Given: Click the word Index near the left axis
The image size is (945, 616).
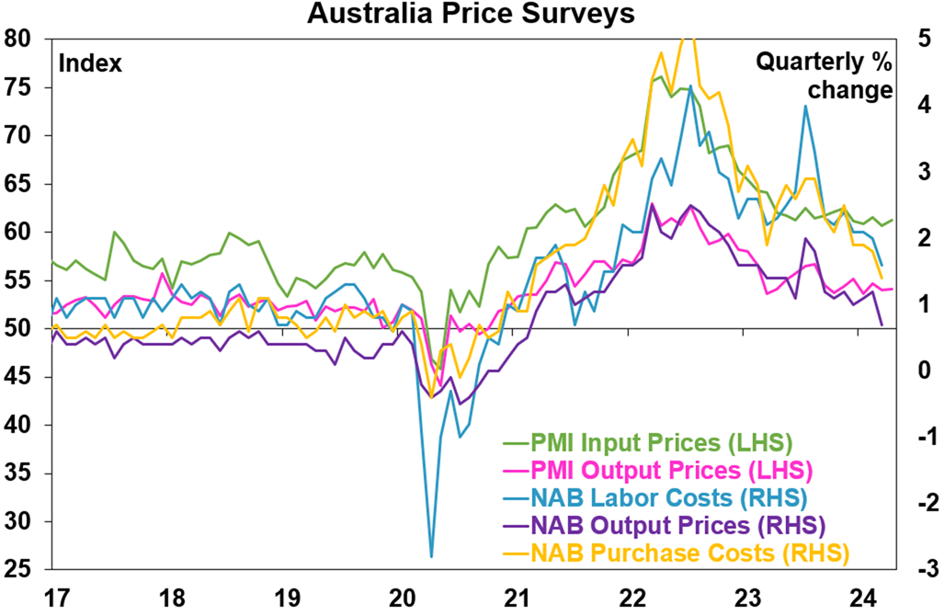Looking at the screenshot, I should (x=90, y=63).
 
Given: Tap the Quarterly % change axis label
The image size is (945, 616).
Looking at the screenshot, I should (x=824, y=76).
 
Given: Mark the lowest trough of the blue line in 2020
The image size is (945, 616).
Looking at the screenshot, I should (x=431, y=556).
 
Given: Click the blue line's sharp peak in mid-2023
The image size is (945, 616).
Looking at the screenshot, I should (x=805, y=106).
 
